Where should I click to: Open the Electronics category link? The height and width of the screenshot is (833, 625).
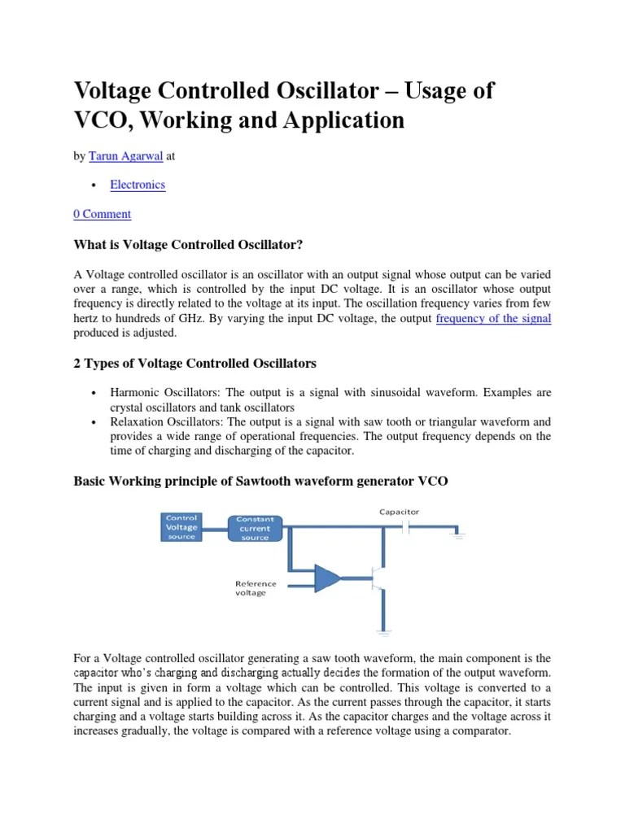click(x=138, y=185)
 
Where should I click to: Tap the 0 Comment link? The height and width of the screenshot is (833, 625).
click(x=102, y=214)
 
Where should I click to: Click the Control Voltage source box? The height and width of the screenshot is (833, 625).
click(x=181, y=527)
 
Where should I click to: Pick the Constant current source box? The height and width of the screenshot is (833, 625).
click(x=255, y=529)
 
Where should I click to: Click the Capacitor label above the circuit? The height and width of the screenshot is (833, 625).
click(x=399, y=512)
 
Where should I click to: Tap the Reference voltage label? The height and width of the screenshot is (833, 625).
click(x=255, y=588)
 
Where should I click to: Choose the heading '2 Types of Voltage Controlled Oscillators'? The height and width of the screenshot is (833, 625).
click(x=194, y=363)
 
